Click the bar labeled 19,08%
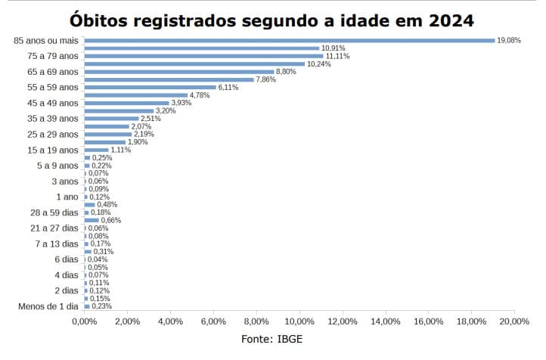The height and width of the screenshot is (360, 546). [x=289, y=40]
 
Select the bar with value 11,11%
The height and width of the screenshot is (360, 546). [x=203, y=56]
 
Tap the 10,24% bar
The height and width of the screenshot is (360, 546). [x=194, y=64]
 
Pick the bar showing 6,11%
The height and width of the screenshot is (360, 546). [x=150, y=87]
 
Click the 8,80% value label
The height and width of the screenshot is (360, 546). [x=286, y=72]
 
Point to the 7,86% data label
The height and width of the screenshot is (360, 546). [x=265, y=79]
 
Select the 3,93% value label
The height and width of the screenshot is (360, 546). [x=181, y=103]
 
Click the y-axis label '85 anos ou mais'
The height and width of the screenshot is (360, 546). [x=46, y=40]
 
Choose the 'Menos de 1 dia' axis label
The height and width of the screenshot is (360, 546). [x=48, y=306]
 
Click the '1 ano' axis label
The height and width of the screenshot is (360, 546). [x=66, y=197]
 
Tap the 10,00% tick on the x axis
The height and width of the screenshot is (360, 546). [x=299, y=322]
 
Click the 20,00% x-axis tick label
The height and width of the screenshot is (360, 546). [x=514, y=322]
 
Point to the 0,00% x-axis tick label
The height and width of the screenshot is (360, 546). [x=84, y=322]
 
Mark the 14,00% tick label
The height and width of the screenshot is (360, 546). [x=386, y=322]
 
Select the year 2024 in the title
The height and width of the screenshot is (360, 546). [x=452, y=19]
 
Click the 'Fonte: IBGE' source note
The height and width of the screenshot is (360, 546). [x=272, y=340]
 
